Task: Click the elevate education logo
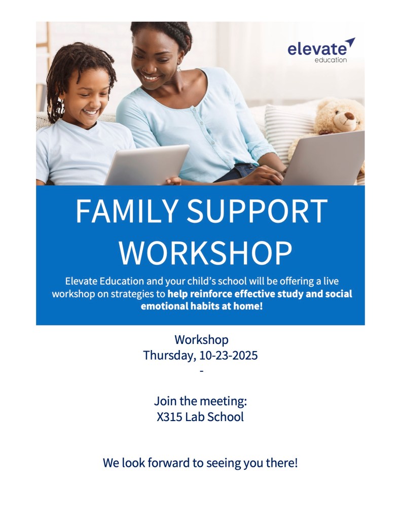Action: tap(321, 50)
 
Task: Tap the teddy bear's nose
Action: tap(349, 116)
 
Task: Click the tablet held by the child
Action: tap(147, 164)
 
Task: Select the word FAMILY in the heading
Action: tap(127, 211)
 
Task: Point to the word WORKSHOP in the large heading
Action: tap(205, 253)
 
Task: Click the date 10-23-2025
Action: tap(229, 356)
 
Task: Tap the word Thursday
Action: tap(170, 356)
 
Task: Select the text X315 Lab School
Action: tap(200, 417)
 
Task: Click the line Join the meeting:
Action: tap(201, 401)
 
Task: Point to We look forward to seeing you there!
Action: tap(201, 463)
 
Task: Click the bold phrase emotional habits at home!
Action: tap(201, 306)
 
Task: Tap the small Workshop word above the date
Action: tap(201, 340)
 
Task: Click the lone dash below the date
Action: tap(201, 371)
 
